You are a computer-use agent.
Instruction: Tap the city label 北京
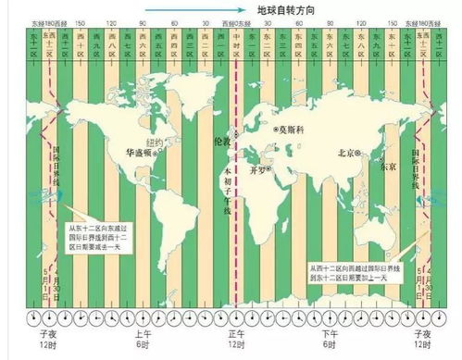348,152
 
